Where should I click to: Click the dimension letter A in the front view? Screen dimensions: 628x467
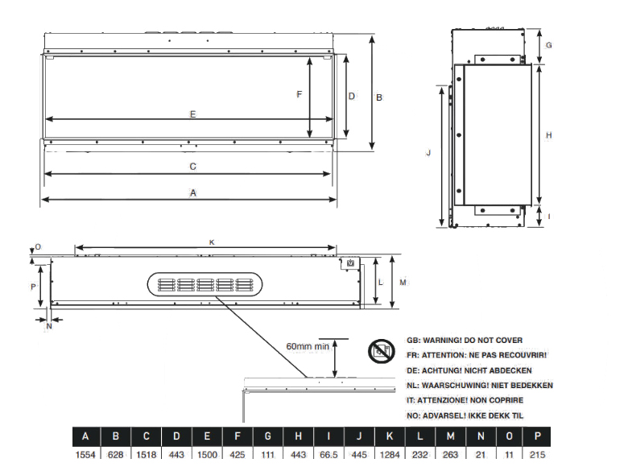(x=193, y=193)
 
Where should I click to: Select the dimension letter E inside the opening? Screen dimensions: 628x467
(x=192, y=114)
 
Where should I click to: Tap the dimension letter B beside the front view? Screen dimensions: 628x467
(x=379, y=97)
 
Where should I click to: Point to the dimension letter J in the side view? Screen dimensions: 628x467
(x=428, y=153)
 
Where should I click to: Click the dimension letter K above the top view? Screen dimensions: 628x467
(x=212, y=242)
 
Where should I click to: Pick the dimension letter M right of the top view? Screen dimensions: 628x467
(x=403, y=283)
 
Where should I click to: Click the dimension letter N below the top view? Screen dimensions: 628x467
(x=49, y=326)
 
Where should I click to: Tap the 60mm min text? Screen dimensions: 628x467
(x=308, y=346)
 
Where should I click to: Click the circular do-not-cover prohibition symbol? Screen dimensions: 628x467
(x=382, y=351)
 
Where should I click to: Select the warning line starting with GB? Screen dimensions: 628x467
(x=465, y=341)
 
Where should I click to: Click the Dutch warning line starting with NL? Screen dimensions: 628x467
(x=480, y=386)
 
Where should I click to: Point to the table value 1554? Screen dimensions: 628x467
(x=85, y=455)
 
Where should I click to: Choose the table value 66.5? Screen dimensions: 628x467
(x=328, y=455)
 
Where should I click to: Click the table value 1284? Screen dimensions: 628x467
(x=390, y=455)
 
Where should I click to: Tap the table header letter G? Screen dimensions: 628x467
(x=268, y=436)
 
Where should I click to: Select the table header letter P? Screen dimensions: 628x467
(x=538, y=436)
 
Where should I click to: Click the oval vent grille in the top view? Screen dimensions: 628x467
(x=205, y=284)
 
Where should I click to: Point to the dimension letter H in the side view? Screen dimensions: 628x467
(x=549, y=135)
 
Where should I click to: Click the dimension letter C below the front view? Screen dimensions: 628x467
(x=192, y=166)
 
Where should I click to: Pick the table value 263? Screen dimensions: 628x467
(x=451, y=455)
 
